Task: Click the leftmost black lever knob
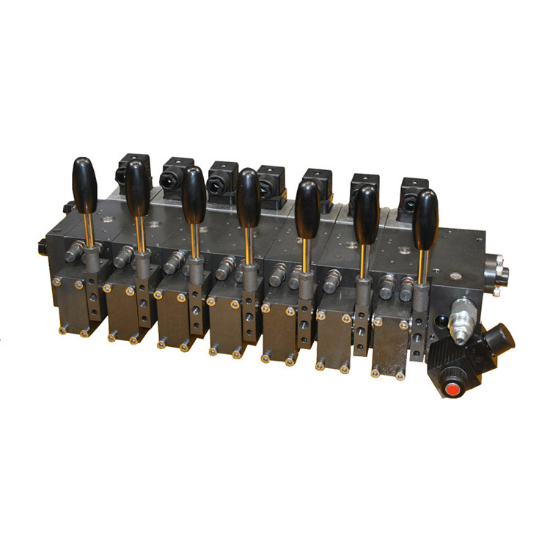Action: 84,183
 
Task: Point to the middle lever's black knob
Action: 249,197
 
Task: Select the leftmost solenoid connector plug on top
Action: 133,168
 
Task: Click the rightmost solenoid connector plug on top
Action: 414,192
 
